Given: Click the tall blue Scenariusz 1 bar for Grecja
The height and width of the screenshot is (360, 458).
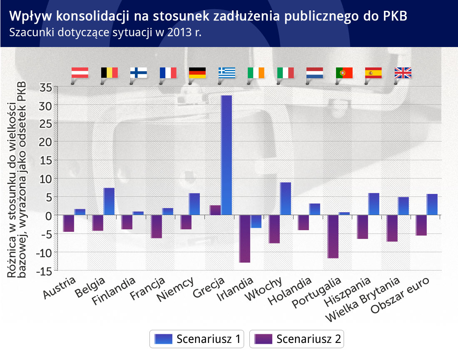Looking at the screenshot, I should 227,155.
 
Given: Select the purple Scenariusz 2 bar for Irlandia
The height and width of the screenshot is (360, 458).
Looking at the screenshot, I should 245,239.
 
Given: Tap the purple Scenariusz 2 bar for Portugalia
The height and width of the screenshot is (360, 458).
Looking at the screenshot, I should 333,237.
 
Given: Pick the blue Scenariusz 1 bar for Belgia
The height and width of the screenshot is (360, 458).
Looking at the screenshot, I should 109,201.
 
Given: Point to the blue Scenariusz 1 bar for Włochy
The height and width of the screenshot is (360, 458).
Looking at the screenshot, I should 286,199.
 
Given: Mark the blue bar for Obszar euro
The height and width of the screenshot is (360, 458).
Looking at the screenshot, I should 432,204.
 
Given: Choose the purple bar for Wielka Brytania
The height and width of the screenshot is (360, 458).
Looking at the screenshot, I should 392,228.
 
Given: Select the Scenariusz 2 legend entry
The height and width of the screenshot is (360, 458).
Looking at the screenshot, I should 297,339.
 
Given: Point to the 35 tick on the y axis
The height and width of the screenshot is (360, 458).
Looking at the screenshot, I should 46,87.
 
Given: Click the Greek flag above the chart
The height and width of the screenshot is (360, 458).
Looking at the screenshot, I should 227,73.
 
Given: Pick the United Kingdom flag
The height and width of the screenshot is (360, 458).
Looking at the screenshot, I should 403,73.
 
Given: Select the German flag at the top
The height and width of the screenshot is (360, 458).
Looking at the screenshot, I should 197,73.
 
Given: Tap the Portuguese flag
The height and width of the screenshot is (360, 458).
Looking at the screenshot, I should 344,73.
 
